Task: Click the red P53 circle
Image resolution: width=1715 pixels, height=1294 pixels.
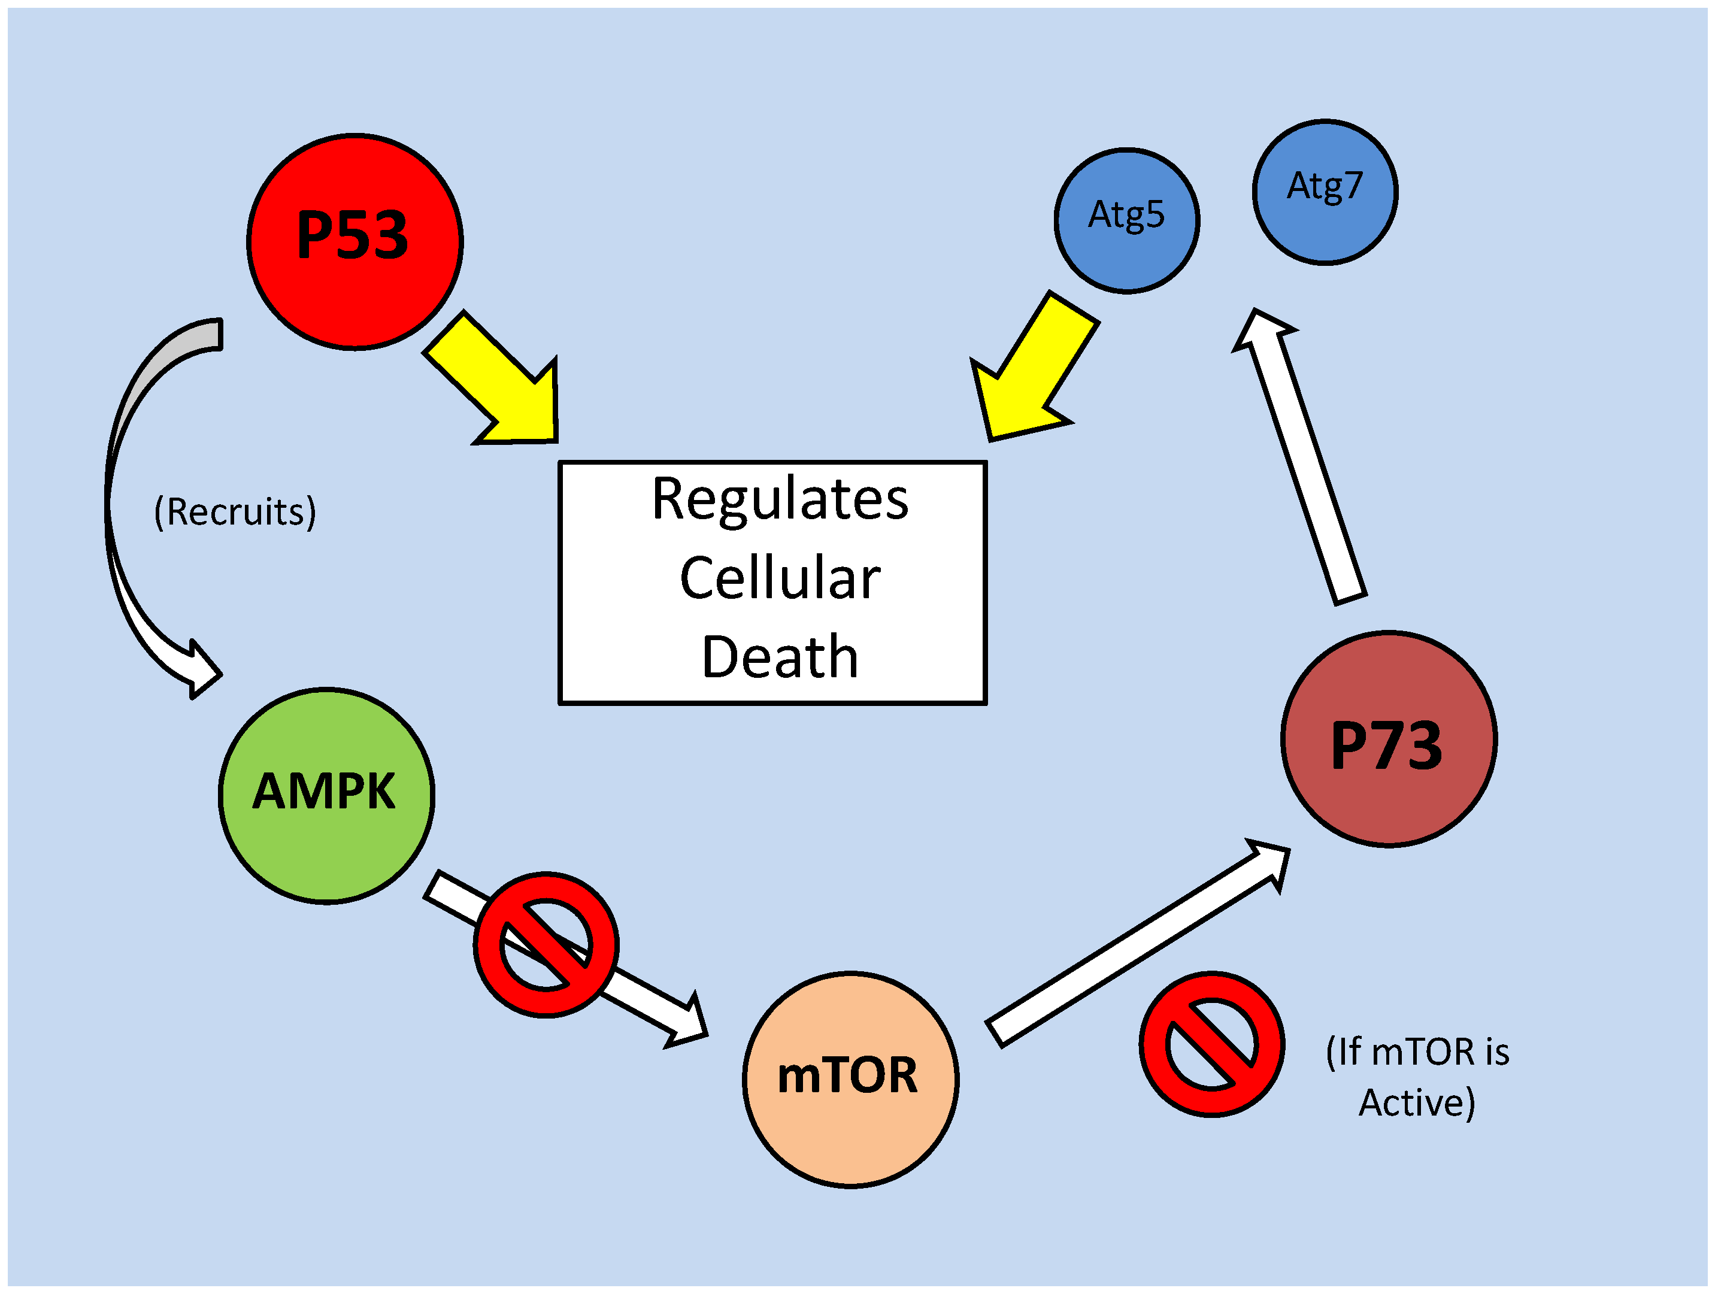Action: [354, 241]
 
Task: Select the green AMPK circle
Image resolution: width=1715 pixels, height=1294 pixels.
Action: [326, 795]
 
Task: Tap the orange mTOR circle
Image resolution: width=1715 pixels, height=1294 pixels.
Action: [850, 1079]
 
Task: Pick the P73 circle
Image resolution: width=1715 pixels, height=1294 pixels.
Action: [1388, 739]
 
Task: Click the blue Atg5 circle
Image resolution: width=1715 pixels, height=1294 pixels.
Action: [1126, 220]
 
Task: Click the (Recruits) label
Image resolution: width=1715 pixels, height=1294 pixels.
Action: [235, 512]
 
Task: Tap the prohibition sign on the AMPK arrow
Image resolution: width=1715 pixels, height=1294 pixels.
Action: [546, 944]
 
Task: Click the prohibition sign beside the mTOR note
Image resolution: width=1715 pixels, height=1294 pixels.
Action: [1211, 1044]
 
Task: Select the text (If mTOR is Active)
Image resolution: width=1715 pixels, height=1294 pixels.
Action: [1417, 1076]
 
